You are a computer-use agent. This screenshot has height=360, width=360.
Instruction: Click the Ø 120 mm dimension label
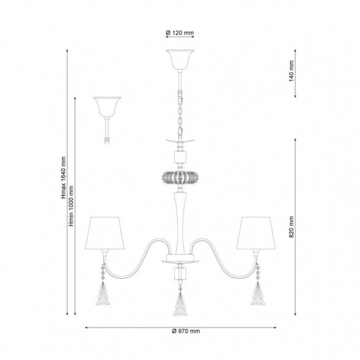coord(180,33)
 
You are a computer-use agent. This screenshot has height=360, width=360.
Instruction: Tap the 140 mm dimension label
coord(292,71)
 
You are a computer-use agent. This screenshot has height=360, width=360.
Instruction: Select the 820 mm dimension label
coord(292,227)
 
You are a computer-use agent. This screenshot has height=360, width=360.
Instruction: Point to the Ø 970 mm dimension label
coord(186,331)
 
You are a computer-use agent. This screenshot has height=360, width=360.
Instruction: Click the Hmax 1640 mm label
coord(64,177)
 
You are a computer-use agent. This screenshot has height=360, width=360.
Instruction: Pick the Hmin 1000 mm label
coord(72,206)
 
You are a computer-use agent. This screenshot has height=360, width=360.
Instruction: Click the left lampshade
coord(105,233)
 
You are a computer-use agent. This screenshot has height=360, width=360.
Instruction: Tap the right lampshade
coord(256,233)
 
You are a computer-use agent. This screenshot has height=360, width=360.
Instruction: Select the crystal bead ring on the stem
coord(180,177)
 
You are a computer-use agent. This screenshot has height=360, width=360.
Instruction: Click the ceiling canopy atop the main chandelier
coord(180,59)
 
